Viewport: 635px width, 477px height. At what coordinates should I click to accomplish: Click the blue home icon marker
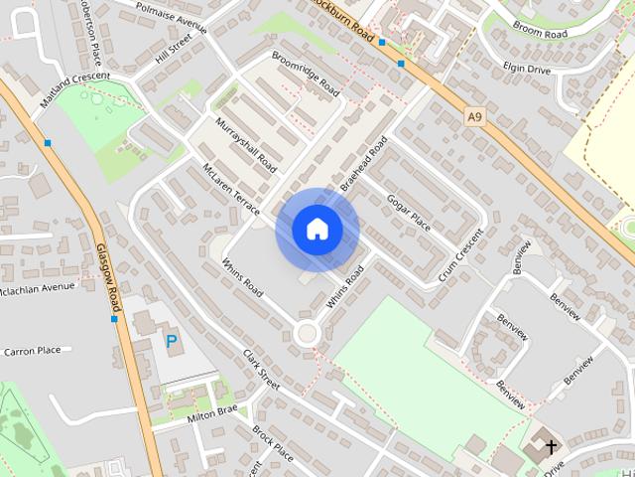pos(317,230)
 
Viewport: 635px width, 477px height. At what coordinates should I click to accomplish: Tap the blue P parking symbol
pos(172,342)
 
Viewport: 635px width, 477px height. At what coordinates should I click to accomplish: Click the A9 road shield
pos(475,117)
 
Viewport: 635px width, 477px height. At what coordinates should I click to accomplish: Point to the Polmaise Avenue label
pos(171,17)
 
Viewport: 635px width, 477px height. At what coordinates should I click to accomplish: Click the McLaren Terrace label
pos(230,189)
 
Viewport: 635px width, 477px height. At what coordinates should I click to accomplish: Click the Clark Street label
pos(262,369)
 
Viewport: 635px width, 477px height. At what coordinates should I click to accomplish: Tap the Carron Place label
pos(32,351)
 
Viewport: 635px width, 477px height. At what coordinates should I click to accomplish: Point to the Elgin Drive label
pos(526,68)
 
